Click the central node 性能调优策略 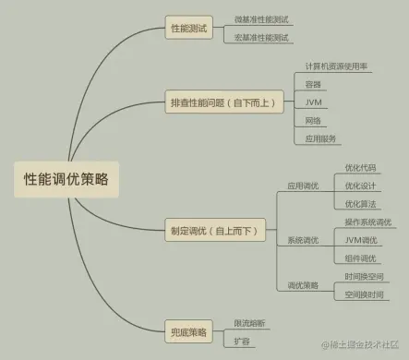(x=66, y=179)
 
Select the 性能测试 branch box (x=189, y=29)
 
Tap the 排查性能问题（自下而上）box (x=222, y=102)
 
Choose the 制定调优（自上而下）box (x=211, y=230)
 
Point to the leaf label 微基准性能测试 (x=261, y=18)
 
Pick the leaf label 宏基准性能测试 (x=261, y=38)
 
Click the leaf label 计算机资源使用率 (x=337, y=66)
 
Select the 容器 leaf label (x=313, y=84)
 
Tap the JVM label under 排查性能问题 (x=313, y=102)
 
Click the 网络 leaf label (x=313, y=120)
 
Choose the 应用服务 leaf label (x=320, y=138)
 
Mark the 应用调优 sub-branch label (x=302, y=186)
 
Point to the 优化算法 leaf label (x=360, y=203)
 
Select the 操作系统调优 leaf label (x=367, y=222)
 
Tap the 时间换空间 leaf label (x=364, y=276)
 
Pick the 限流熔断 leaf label (x=249, y=323)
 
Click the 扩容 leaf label (x=242, y=341)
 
